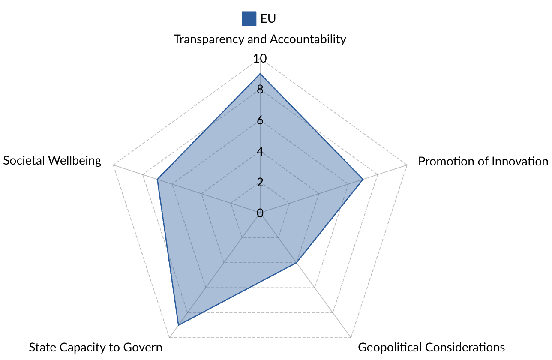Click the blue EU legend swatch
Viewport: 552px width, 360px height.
pos(249,18)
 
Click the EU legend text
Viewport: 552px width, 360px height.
pos(268,18)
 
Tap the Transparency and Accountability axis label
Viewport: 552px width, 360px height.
pos(260,39)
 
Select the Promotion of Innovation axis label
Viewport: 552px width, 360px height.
pos(483,161)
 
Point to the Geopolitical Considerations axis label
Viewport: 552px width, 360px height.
pos(432,347)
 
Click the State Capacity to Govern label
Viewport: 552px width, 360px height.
pos(96,347)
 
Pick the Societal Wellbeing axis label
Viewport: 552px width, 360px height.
pos(52,160)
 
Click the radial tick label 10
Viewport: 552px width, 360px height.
pos(260,59)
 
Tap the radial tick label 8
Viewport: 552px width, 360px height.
pos(260,90)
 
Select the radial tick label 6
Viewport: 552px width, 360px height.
pos(260,121)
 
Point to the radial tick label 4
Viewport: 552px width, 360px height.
pos(260,152)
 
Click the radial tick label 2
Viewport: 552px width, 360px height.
pos(260,183)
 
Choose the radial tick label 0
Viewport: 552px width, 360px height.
pos(260,213)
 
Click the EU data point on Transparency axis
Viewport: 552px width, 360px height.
pos(260,74)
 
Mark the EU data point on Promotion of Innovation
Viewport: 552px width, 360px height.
pos(363,180)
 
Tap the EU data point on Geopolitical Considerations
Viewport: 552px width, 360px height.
pos(297,263)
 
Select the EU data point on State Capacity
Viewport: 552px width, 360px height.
pos(178,325)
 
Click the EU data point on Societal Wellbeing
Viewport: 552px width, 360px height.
pos(157,180)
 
